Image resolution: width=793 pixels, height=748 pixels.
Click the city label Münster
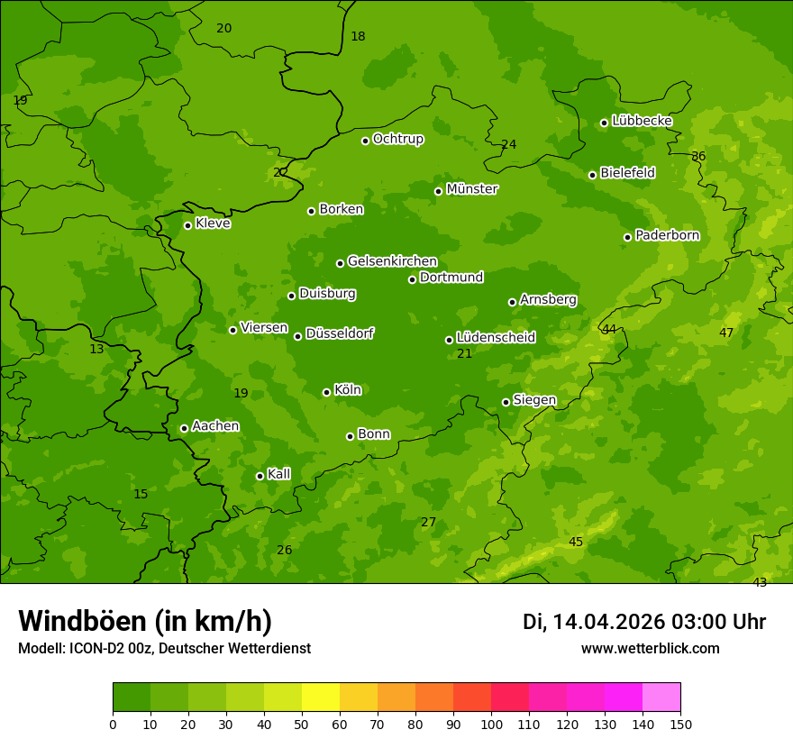[x=471, y=189]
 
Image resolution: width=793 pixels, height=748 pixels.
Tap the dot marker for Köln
[x=326, y=392]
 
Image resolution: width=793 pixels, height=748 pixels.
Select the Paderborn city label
[x=667, y=235]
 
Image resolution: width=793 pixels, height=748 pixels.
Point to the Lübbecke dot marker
[x=604, y=123]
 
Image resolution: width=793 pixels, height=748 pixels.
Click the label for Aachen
[x=215, y=425]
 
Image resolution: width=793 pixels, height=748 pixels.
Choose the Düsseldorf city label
[x=339, y=333]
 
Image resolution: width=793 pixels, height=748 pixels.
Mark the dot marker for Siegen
[x=506, y=402]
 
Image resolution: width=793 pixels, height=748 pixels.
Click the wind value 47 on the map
[x=726, y=333]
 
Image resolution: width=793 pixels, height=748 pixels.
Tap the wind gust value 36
[x=698, y=156]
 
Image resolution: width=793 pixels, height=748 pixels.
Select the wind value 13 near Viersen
[x=96, y=349]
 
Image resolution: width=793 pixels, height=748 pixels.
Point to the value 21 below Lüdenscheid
[x=464, y=353]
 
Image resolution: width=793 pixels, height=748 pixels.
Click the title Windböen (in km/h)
[x=145, y=621]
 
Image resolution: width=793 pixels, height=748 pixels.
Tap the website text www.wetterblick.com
[x=650, y=648]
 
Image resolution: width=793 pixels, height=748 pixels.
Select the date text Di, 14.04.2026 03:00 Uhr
[x=643, y=622]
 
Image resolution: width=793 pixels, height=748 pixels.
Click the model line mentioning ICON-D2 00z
[x=164, y=648]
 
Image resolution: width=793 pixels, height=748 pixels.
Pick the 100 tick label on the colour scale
[x=491, y=724]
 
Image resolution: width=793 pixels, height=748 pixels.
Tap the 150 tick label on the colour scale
[x=680, y=724]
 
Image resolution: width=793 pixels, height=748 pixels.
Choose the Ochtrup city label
[x=397, y=139]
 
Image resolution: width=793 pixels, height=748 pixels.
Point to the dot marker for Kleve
[x=187, y=225]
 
